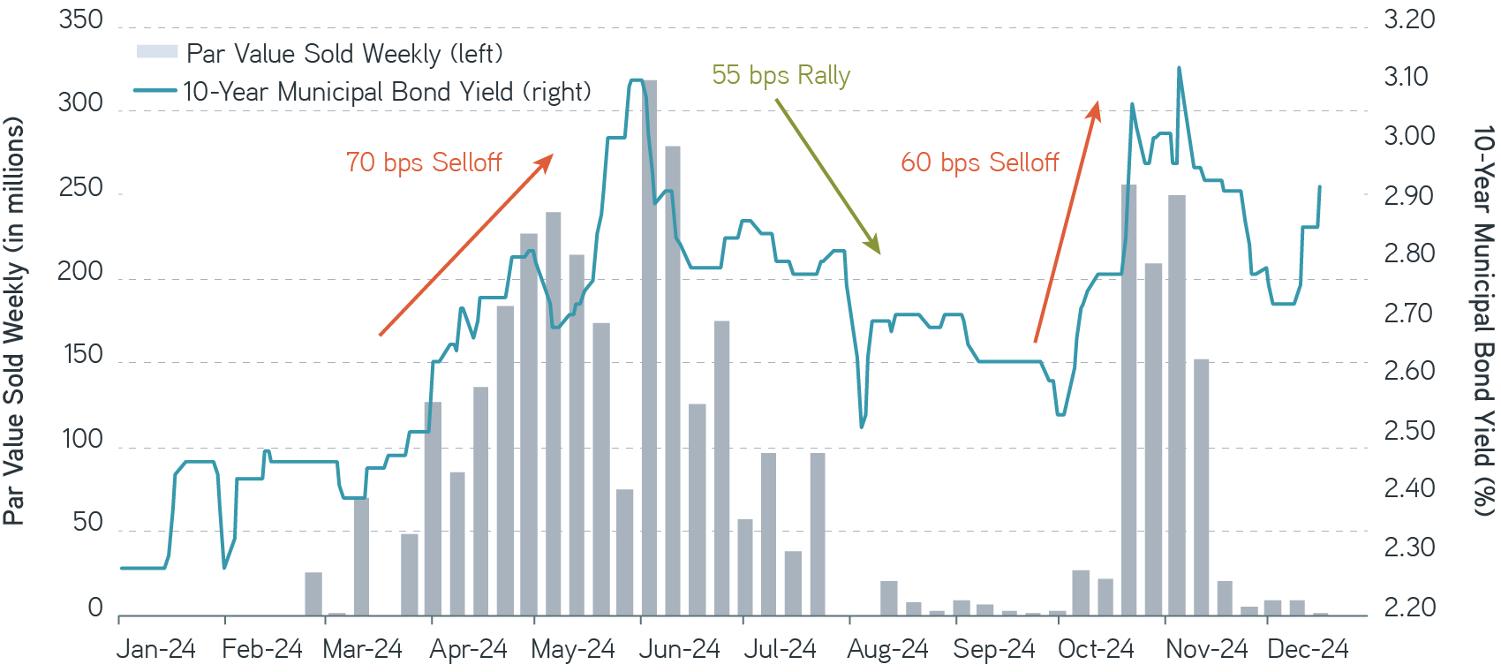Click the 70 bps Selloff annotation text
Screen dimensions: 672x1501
point(424,162)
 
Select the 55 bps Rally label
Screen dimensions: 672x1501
point(781,75)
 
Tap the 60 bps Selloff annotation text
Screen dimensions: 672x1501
point(979,162)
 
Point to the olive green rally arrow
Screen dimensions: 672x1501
point(827,176)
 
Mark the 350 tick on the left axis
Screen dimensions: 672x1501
point(80,19)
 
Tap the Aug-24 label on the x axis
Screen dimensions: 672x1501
point(887,650)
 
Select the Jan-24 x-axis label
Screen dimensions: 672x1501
point(156,650)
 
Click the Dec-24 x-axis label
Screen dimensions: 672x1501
point(1308,650)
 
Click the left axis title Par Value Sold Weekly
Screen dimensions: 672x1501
point(14,322)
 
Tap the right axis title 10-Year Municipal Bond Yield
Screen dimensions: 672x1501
point(1483,321)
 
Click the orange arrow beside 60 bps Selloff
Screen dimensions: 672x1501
point(1067,221)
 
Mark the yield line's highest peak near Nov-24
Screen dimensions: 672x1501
point(1179,68)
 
